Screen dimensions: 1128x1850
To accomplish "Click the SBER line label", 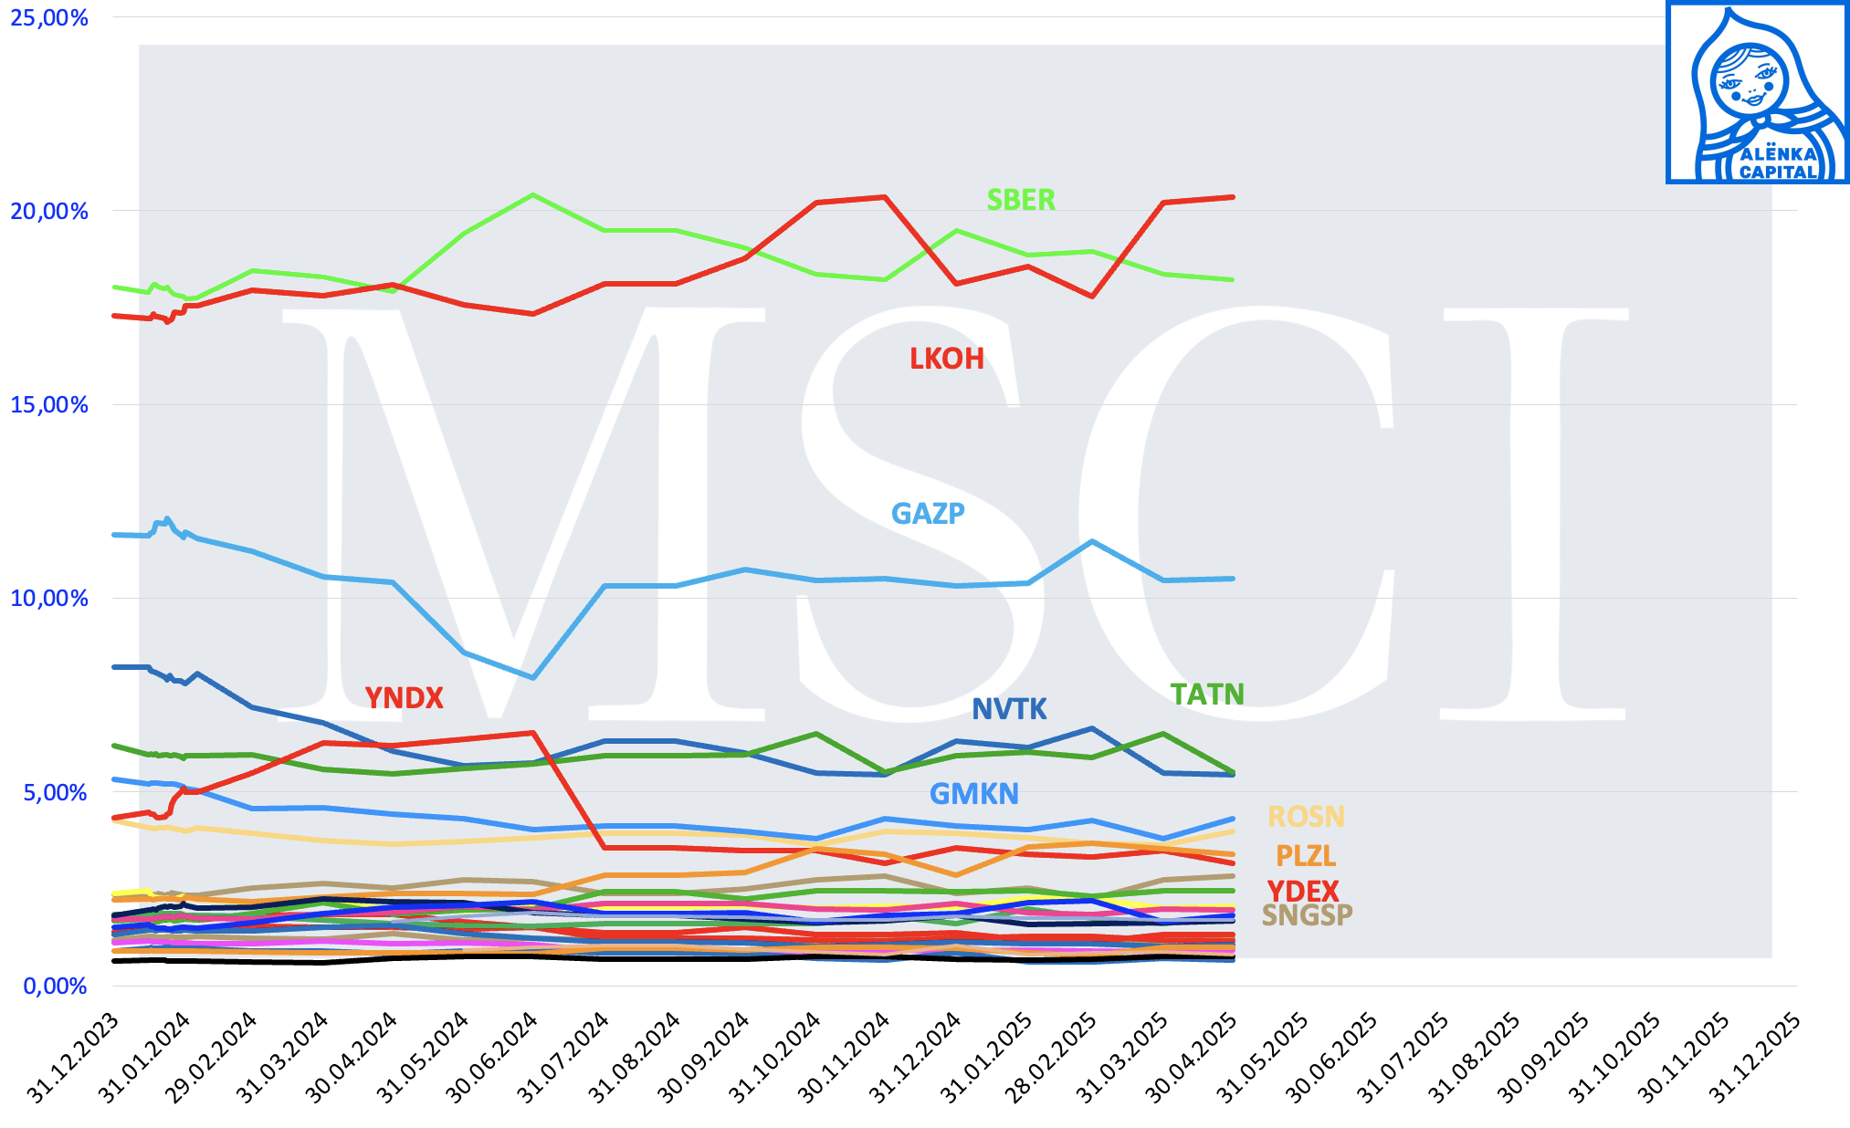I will point(1021,200).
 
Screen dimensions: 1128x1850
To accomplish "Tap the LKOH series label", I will point(947,359).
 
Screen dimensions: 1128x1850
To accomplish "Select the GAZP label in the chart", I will point(928,514).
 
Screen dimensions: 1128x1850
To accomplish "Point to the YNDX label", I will point(404,698).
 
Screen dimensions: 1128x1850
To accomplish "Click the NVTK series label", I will point(1009,709).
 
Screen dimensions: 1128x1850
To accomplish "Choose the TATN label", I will point(1207,695).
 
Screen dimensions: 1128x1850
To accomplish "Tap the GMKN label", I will point(973,794).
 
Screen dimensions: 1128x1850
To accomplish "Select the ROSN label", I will point(1306,817).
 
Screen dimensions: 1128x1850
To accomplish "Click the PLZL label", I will point(1306,856).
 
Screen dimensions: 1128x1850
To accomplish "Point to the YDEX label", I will point(1303,891).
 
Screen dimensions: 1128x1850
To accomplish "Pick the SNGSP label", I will point(1307,914).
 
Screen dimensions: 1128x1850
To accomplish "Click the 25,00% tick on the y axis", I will point(49,18).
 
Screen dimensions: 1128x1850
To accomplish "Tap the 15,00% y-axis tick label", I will point(49,405).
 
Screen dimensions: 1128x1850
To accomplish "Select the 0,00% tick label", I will point(55,987).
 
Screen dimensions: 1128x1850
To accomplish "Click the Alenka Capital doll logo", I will point(1757,92).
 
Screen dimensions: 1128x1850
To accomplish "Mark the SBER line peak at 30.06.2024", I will point(532,194).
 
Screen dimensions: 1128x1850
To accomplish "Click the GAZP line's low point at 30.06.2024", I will point(532,677).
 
